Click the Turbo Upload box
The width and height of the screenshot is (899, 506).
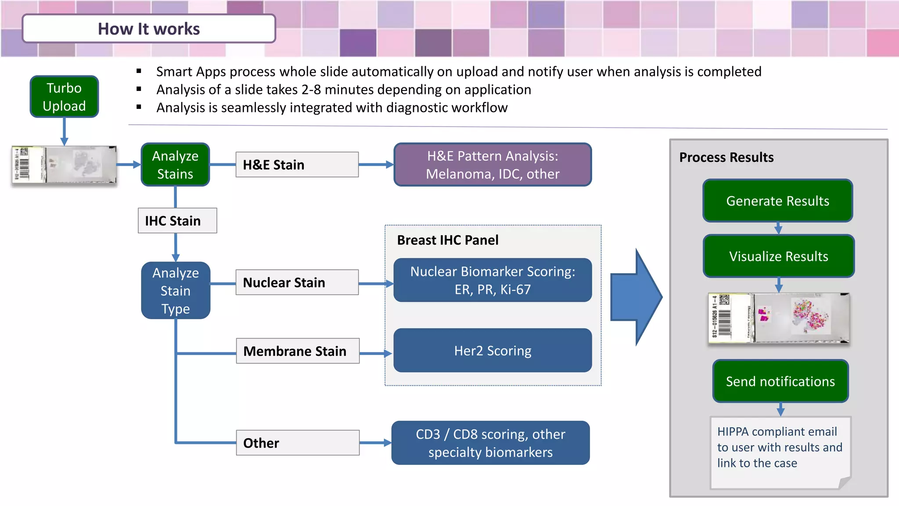64,97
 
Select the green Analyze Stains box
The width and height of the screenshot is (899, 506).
175,165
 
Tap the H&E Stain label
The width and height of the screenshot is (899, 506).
297,165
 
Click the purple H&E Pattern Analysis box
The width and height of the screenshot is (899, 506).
493,165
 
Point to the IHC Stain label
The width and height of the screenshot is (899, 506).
177,220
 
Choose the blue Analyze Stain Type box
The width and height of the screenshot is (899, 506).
176,290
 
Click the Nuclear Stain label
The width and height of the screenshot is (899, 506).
297,282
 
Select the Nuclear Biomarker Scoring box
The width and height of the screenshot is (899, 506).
493,280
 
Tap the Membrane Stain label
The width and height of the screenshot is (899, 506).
297,351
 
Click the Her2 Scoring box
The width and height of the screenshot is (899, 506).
493,351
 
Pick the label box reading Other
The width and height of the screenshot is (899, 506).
297,443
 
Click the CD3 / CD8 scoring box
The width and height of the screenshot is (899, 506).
490,443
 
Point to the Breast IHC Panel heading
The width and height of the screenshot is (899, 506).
447,240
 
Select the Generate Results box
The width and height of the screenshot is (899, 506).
777,201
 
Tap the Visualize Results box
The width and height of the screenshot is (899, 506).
778,256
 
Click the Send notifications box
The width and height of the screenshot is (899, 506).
780,381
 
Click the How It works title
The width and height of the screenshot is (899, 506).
149,29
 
